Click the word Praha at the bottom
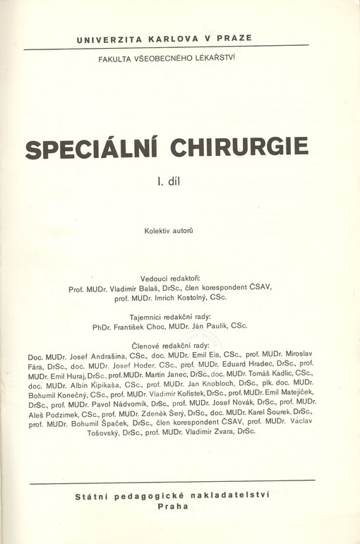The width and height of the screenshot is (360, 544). coord(174,506)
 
